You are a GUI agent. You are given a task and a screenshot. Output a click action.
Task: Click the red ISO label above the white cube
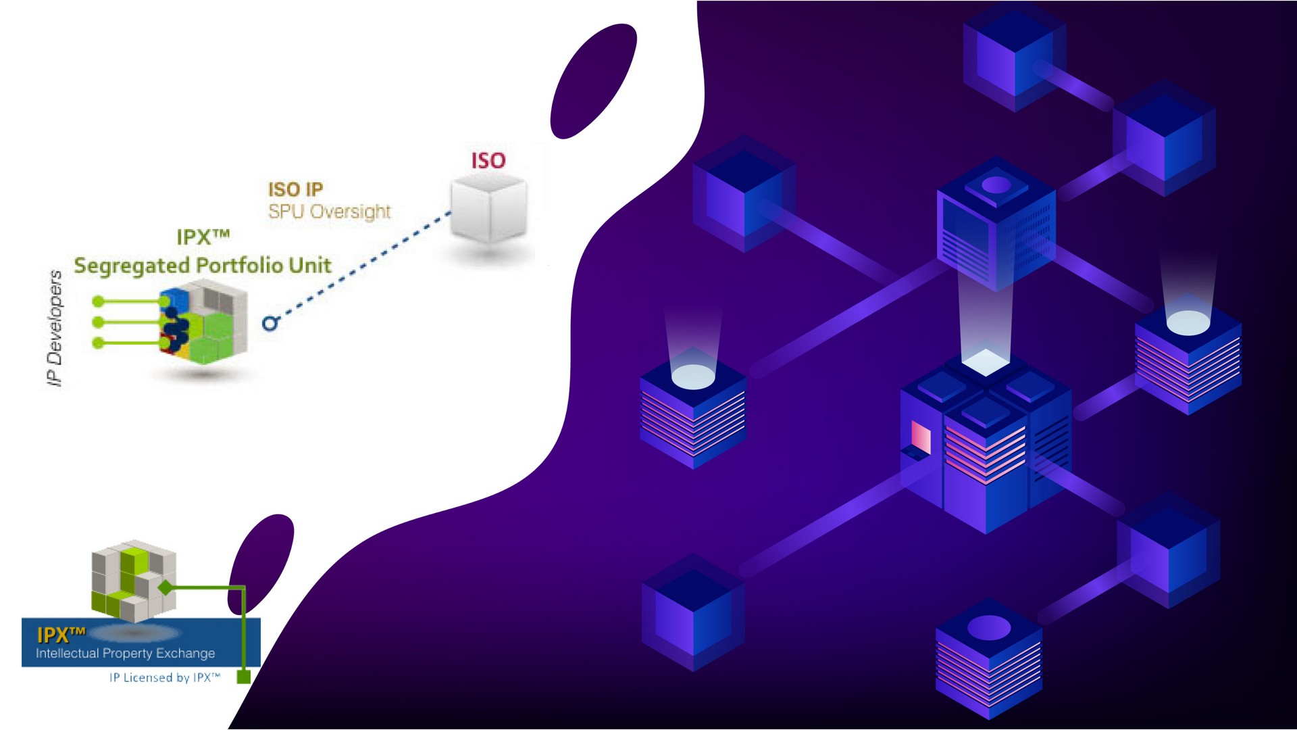(x=488, y=161)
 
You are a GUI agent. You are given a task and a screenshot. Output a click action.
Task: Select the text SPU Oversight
(x=329, y=212)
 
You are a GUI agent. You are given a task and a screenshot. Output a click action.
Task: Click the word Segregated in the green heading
(x=132, y=266)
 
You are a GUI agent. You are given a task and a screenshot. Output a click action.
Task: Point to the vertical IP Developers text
(x=55, y=328)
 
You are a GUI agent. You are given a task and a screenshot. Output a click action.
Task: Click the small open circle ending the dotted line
(x=270, y=324)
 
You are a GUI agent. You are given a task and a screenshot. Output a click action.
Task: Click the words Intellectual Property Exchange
(x=125, y=654)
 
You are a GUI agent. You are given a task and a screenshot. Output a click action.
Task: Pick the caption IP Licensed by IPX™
(x=165, y=677)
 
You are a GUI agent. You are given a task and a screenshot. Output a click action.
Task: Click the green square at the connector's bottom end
(x=244, y=677)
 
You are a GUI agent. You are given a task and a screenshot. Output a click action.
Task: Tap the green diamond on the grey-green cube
(x=166, y=588)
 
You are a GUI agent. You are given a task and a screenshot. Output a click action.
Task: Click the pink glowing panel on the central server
(x=921, y=437)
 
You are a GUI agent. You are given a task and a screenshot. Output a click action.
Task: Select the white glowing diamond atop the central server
(x=985, y=361)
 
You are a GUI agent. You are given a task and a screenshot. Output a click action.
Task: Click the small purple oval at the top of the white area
(x=593, y=81)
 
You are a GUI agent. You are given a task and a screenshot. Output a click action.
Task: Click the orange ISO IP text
(x=295, y=189)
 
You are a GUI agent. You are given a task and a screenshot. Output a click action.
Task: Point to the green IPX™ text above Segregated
(x=203, y=237)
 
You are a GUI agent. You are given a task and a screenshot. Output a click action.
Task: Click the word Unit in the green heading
(x=310, y=265)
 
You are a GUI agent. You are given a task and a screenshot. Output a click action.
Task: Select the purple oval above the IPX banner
(x=261, y=561)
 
